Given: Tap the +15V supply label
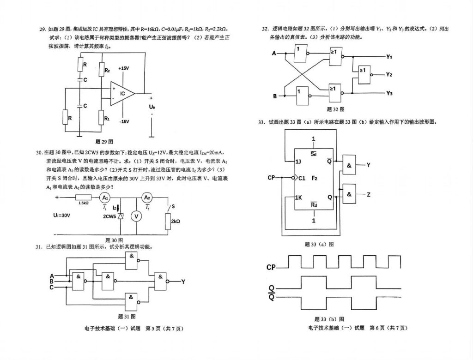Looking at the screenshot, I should (x=123, y=68).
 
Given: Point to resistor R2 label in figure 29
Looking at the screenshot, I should (x=107, y=70).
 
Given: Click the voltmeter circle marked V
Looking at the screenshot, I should (x=136, y=216).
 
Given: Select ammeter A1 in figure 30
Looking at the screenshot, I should (x=105, y=197).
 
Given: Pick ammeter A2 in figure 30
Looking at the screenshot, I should (x=147, y=197).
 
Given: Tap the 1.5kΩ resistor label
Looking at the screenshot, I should (x=83, y=203).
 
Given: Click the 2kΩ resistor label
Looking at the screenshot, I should (x=175, y=222).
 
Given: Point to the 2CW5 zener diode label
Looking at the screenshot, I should (x=109, y=216).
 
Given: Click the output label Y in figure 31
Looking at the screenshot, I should (x=183, y=281).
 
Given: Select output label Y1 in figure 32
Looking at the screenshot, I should (x=389, y=57).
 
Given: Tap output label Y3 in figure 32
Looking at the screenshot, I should (x=389, y=93).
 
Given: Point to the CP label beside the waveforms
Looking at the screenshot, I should (x=271, y=268).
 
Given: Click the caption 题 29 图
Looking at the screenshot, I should (x=104, y=141).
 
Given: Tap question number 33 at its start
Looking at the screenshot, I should (x=261, y=122).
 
